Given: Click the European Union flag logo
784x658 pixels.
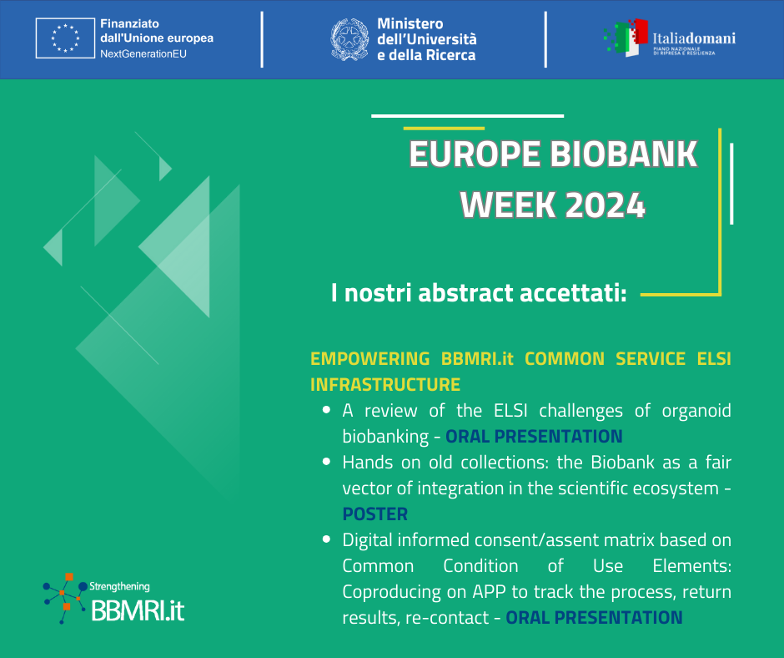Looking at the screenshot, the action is coord(65,38).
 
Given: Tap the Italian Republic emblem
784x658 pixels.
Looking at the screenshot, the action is coord(349,39).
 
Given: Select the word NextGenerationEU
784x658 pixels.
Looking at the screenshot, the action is coord(143,54).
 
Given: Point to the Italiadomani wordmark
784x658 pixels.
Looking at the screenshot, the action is coord(693,38).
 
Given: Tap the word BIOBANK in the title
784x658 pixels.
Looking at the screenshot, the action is coord(624,154).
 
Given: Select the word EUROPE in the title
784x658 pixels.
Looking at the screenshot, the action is coord(475,154).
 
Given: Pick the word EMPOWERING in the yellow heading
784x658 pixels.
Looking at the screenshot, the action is coord(370,358).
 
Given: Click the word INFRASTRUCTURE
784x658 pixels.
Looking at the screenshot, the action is coord(385,385).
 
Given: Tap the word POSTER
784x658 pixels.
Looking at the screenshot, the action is coord(375,514).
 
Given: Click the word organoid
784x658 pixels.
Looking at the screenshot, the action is coord(696,411).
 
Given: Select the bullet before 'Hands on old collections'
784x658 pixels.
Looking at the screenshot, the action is coord(326,461).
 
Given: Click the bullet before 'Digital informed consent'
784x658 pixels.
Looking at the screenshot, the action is coord(326,539).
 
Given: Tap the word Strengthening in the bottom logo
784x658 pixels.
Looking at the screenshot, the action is coord(119,586).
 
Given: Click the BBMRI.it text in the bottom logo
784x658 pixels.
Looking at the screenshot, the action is coord(138,610).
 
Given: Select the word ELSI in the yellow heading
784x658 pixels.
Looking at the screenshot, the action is coord(714,358).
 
